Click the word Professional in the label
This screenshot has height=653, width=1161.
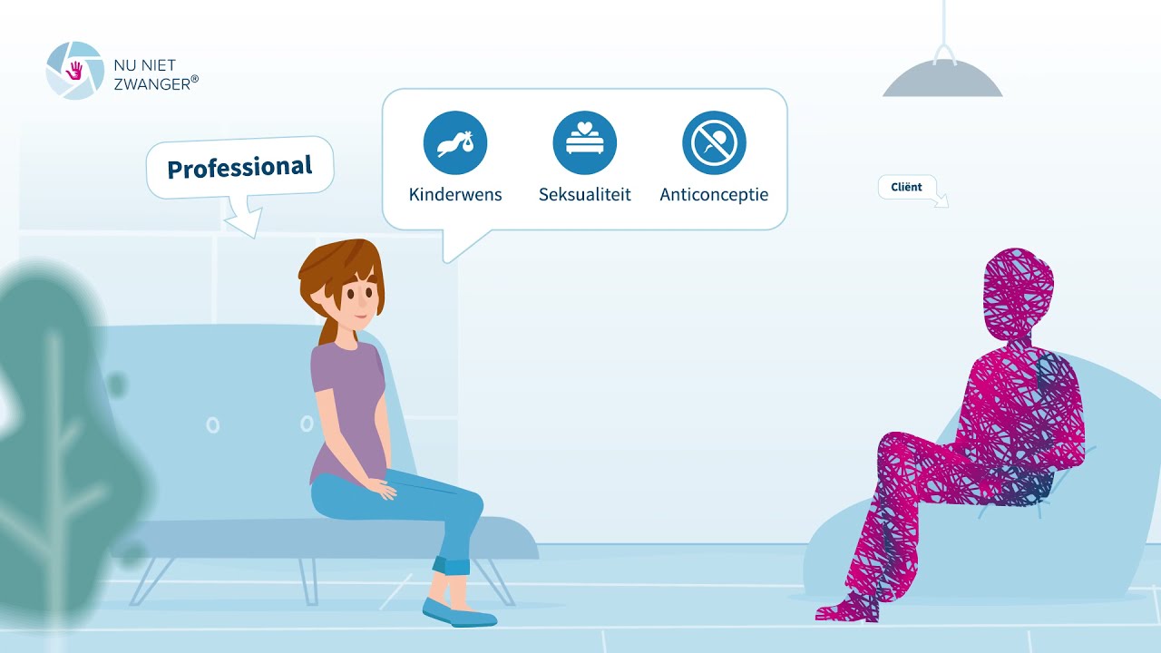point(239,167)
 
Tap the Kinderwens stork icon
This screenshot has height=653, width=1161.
point(455,142)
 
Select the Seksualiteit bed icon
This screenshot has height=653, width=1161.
point(585,142)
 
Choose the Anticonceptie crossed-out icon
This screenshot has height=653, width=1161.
point(714,142)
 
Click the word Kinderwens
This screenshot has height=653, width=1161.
point(455,194)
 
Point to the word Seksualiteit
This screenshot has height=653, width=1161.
point(585,194)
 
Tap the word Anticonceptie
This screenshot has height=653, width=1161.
point(714,195)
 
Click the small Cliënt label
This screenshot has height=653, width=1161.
point(906,187)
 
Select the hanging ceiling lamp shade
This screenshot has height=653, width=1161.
point(942,79)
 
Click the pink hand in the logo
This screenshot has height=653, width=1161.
point(74,71)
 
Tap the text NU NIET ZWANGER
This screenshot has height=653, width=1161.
point(155,74)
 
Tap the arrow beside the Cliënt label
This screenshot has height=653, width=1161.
point(941,200)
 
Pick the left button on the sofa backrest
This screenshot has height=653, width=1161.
point(212,425)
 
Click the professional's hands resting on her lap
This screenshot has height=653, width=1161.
point(382,488)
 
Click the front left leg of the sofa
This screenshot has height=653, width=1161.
point(151,581)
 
